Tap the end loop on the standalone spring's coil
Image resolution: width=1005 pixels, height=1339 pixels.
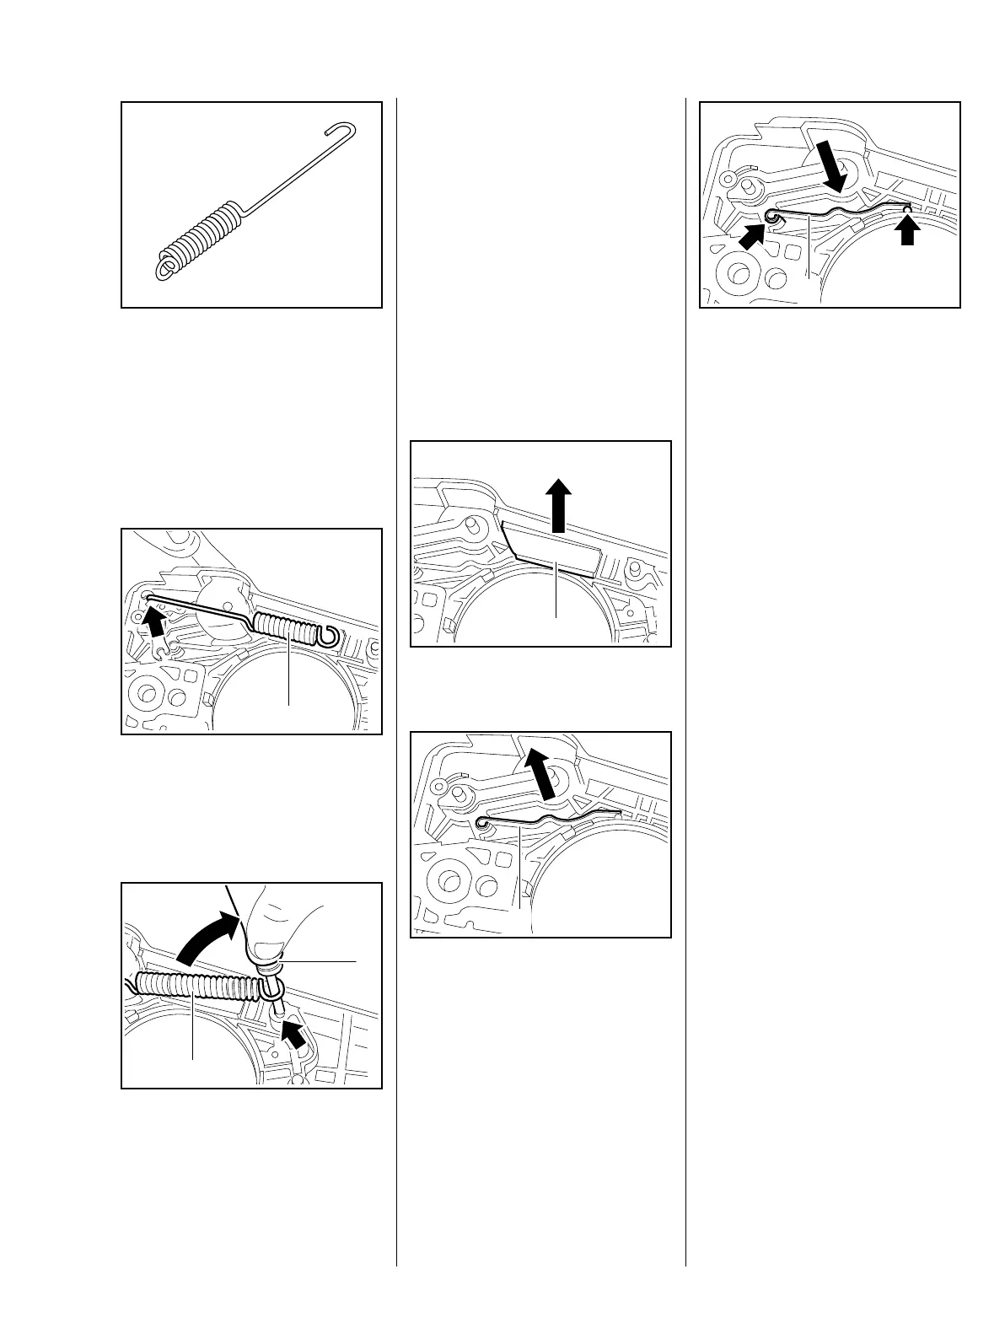pyautogui.click(x=164, y=268)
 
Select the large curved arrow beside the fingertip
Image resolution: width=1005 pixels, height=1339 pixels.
pyautogui.click(x=204, y=934)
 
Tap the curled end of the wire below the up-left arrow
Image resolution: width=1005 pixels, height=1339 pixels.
pyautogui.click(x=481, y=821)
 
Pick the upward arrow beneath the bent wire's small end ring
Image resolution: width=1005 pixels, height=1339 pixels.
pyautogui.click(x=906, y=230)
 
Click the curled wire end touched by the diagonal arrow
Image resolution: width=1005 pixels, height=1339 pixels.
pyautogui.click(x=771, y=218)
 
